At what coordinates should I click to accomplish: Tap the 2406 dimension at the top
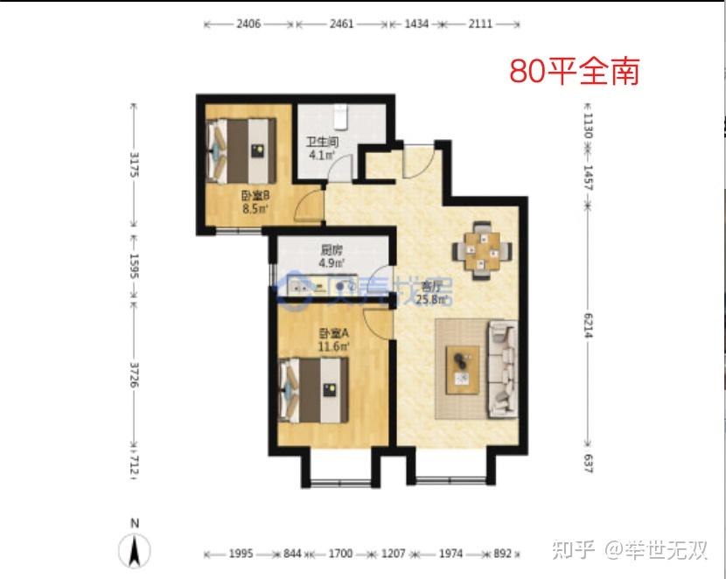point(248,24)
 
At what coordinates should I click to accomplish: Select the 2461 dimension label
point(341,24)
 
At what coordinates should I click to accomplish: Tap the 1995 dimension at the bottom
point(241,554)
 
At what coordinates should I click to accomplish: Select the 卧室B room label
point(255,197)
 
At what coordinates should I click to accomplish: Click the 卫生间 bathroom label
point(321,142)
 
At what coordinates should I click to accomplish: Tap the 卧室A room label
point(333,333)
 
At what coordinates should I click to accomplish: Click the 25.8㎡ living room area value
point(433,299)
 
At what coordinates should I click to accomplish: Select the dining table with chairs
point(480,250)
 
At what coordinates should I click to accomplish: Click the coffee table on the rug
point(462,369)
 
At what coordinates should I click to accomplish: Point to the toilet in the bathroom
point(344,115)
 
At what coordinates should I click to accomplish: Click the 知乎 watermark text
point(577,551)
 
